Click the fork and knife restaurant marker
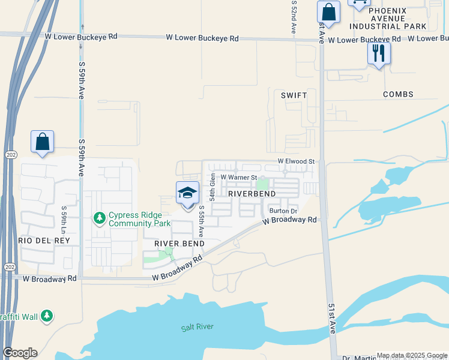[x=379, y=53]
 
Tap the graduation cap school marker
[x=187, y=193]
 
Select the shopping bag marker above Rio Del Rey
[x=42, y=142]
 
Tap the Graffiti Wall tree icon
[x=47, y=316]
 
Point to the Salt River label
[x=197, y=327]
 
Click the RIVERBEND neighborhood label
[x=252, y=194]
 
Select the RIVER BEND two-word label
[x=179, y=244]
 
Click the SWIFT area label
[x=294, y=95]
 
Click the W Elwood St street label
[x=295, y=162]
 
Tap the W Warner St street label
[x=238, y=178]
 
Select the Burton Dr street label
[x=283, y=211]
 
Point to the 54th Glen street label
[x=212, y=187]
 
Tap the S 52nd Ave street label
[x=294, y=17]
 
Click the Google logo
[x=20, y=353]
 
